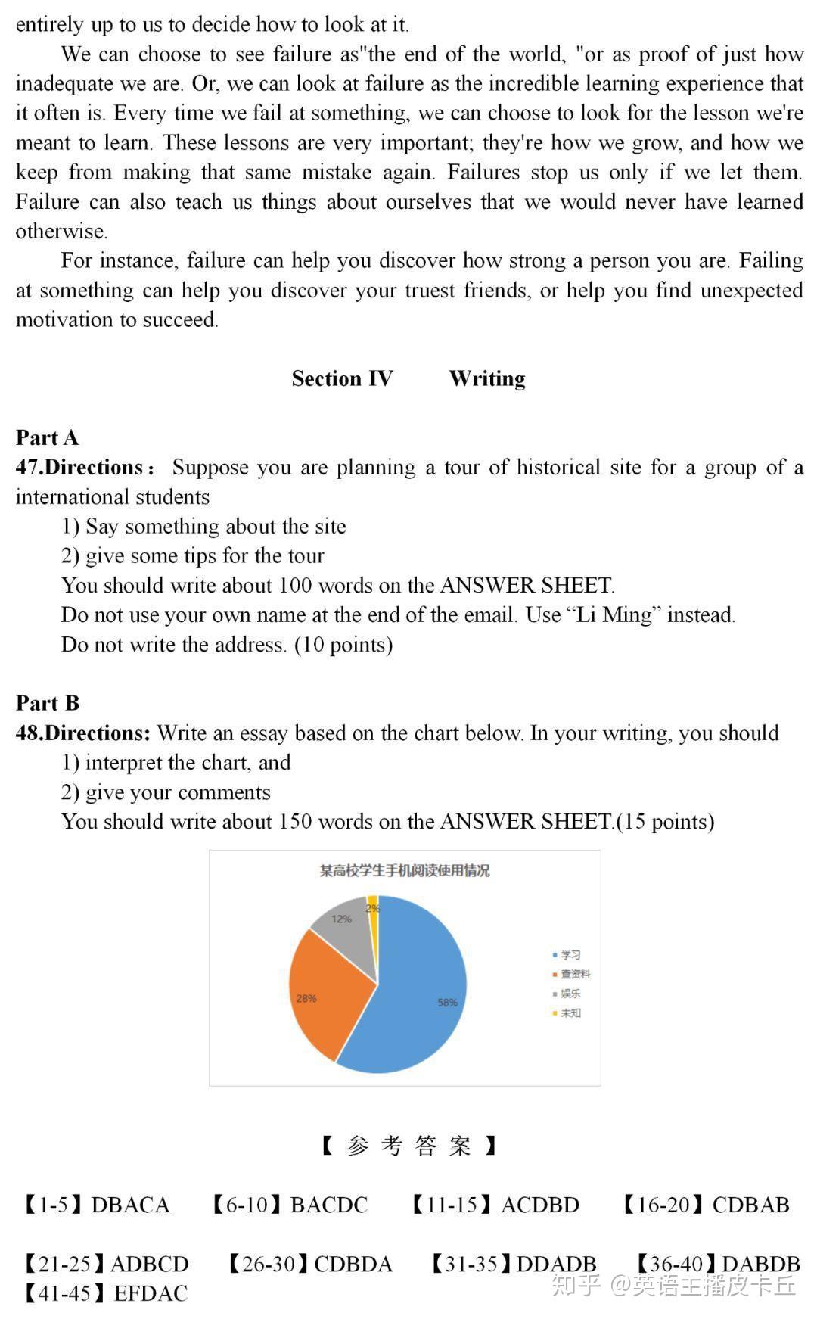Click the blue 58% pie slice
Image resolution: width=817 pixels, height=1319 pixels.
pyautogui.click(x=424, y=991)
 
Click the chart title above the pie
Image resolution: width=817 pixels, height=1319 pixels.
pyautogui.click(x=405, y=871)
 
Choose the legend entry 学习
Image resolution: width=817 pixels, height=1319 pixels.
pyautogui.click(x=570, y=955)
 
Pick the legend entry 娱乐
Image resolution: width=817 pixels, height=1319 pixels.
pyautogui.click(x=570, y=994)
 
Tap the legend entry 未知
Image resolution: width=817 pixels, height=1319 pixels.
pyautogui.click(x=570, y=1013)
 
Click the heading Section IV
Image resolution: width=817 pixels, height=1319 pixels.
pyautogui.click(x=342, y=378)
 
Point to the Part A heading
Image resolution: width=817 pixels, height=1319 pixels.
pyautogui.click(x=47, y=437)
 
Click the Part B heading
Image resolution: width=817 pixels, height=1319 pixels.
pyautogui.click(x=47, y=703)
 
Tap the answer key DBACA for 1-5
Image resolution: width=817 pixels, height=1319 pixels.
pyautogui.click(x=130, y=1205)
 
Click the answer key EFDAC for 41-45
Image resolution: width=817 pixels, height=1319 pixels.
pyautogui.click(x=150, y=1293)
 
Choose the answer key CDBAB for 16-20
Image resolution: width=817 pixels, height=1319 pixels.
pyautogui.click(x=750, y=1205)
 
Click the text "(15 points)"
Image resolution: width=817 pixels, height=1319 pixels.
pyautogui.click(x=666, y=822)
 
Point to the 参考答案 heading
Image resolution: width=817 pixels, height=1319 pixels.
pyautogui.click(x=408, y=1146)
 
